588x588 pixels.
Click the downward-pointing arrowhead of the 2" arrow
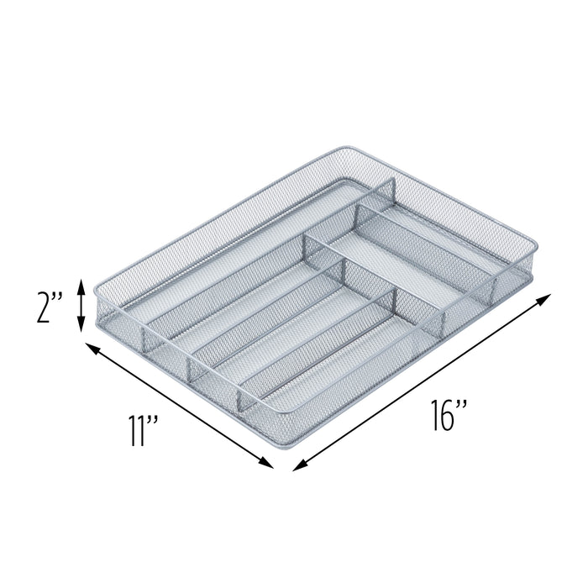(x=81, y=328)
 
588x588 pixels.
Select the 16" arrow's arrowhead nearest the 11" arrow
(x=296, y=464)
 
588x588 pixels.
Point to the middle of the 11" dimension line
(x=179, y=405)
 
